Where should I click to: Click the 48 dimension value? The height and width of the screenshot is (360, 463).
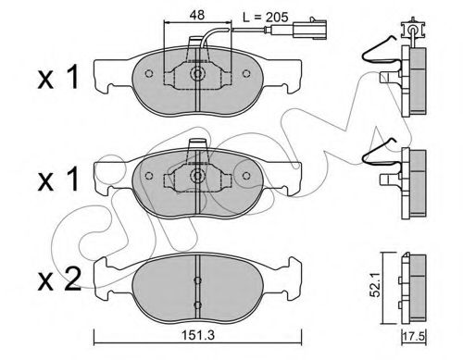(197, 15)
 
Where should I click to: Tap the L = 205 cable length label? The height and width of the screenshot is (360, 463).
(265, 17)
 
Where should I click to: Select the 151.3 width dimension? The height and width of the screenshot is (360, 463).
(197, 335)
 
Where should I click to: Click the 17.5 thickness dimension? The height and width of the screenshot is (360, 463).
(414, 336)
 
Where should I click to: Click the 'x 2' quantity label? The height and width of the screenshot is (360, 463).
(59, 280)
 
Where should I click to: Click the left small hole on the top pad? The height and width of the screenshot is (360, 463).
(149, 74)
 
